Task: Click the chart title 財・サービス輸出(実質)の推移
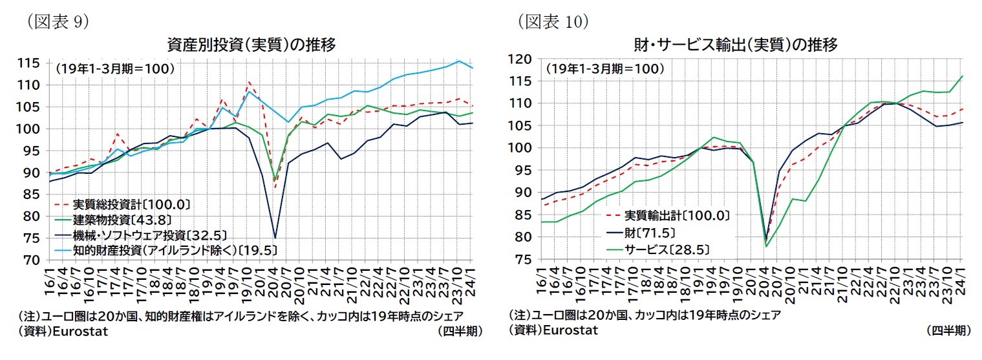pyautogui.click(x=736, y=45)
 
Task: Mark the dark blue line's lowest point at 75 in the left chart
pyautogui.click(x=275, y=238)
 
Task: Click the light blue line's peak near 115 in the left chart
pyautogui.click(x=458, y=61)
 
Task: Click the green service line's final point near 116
pyautogui.click(x=963, y=76)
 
